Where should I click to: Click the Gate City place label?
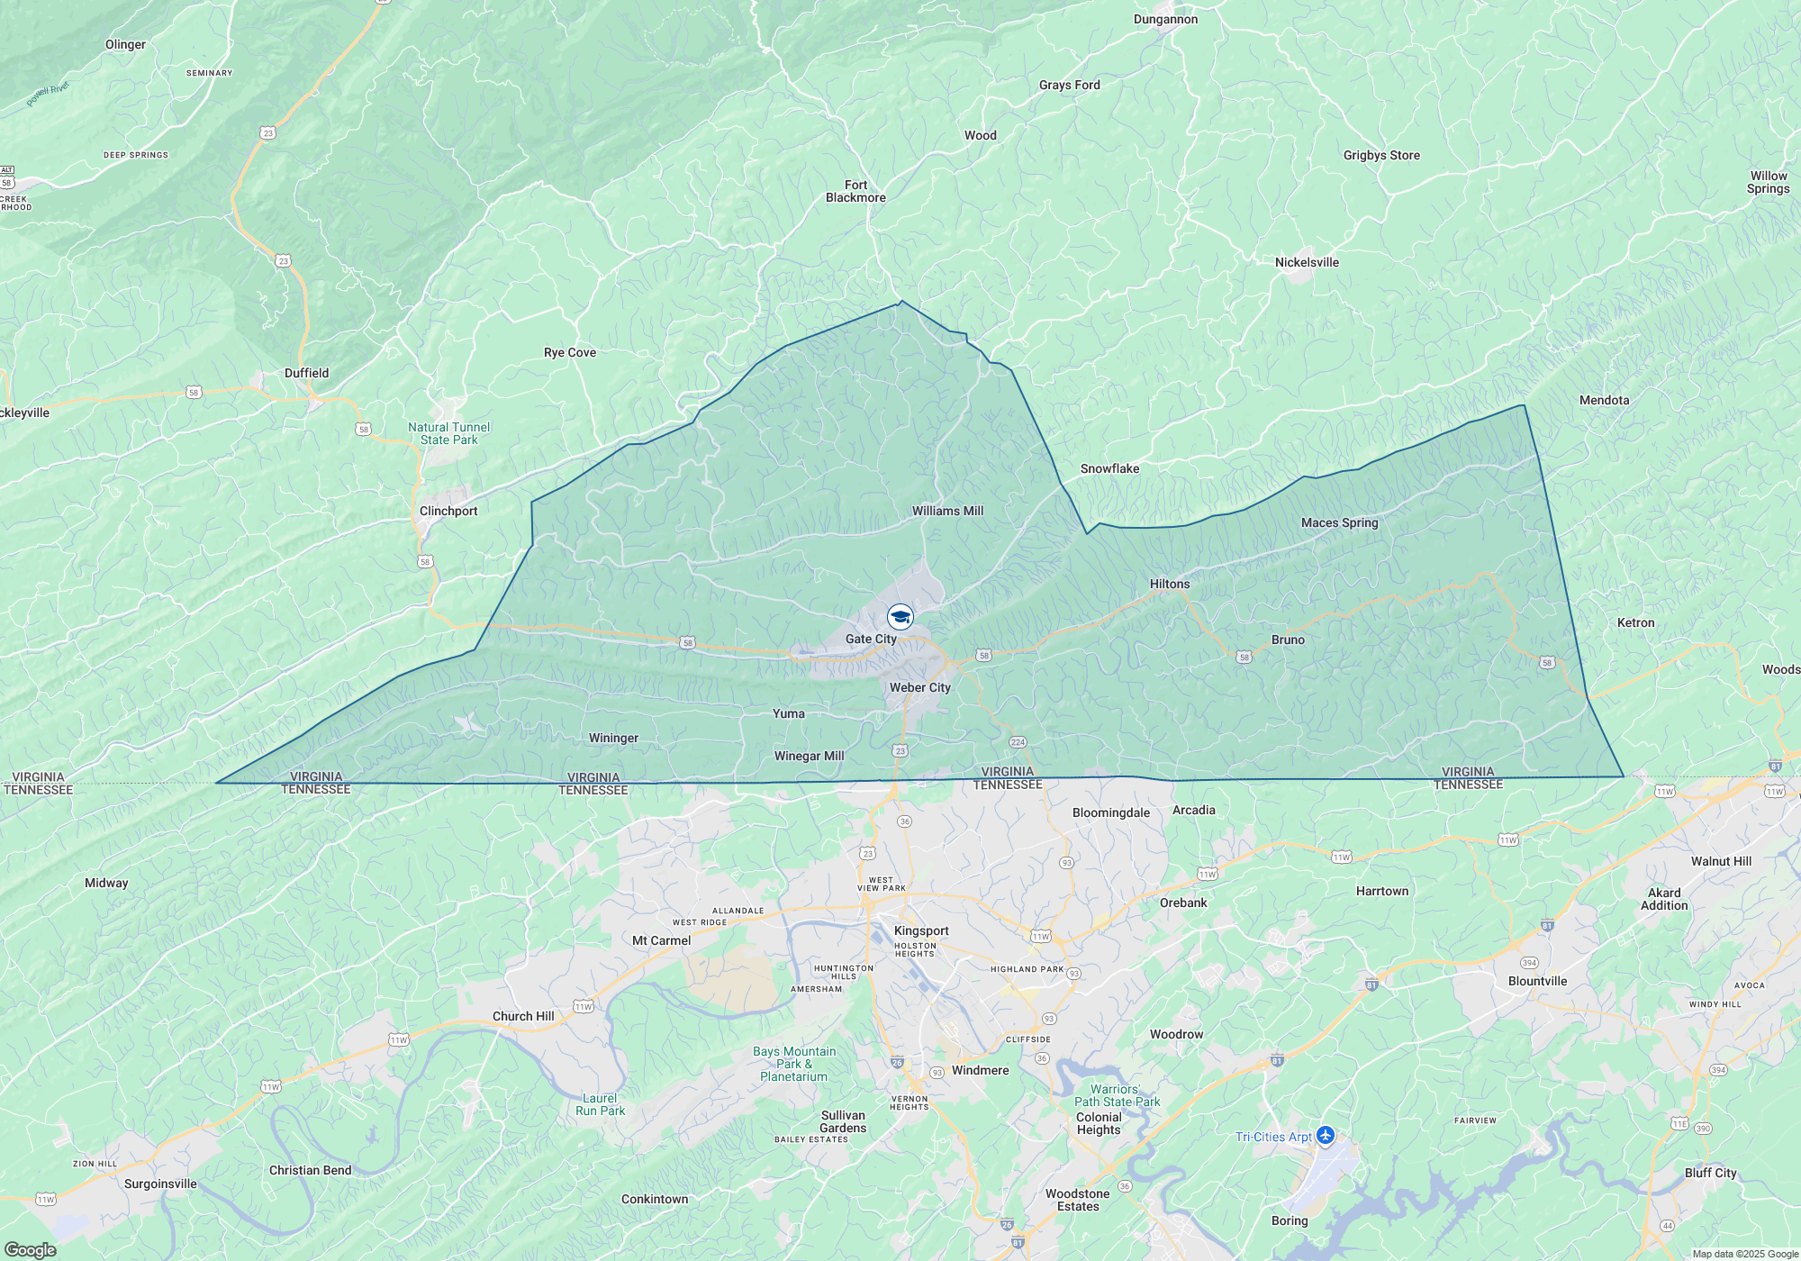(x=871, y=639)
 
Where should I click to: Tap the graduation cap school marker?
(x=900, y=617)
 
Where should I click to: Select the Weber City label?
(x=919, y=687)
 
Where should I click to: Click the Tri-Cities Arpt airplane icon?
(x=1325, y=1136)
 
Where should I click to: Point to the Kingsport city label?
(x=921, y=930)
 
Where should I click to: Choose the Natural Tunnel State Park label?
(x=448, y=433)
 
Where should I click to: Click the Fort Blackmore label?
(x=855, y=191)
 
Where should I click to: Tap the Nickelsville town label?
(x=1307, y=262)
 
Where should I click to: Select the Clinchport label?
(x=448, y=511)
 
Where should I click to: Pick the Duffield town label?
(x=306, y=373)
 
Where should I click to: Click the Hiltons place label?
(x=1170, y=584)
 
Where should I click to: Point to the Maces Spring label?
(x=1339, y=522)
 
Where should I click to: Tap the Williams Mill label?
(x=947, y=511)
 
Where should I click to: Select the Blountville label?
(x=1537, y=981)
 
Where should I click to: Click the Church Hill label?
(x=523, y=1016)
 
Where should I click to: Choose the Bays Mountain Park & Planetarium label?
(x=794, y=1064)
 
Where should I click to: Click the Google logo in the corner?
(x=31, y=1249)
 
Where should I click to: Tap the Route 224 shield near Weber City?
(x=1018, y=742)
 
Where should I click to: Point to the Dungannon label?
(x=1165, y=19)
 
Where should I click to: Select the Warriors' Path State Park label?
(x=1117, y=1095)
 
